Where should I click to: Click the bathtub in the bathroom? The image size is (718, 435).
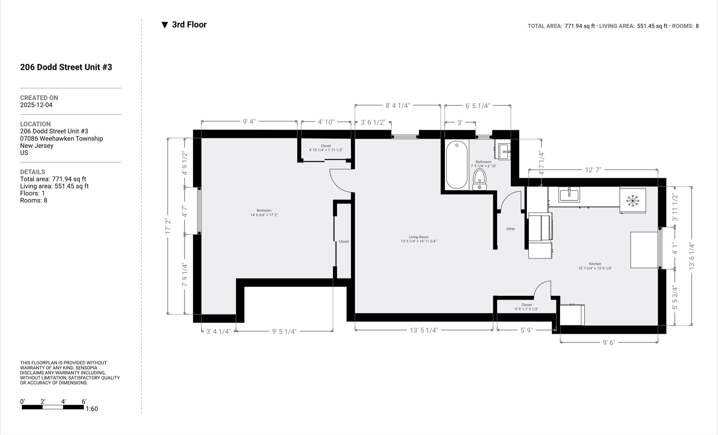(x=457, y=165)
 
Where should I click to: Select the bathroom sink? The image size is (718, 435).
(x=504, y=151)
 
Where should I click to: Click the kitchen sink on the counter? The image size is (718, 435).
(x=569, y=194)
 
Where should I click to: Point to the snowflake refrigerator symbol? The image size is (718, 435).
(x=633, y=201)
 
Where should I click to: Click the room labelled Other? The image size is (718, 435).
(x=511, y=229)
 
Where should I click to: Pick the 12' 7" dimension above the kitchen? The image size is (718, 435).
(x=593, y=170)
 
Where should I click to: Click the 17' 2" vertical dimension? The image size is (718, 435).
(x=168, y=226)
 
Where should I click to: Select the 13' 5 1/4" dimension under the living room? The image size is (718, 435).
(x=424, y=330)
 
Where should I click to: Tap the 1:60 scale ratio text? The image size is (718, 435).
(x=92, y=409)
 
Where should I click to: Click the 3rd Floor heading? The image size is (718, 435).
(x=189, y=25)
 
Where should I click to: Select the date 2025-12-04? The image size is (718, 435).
(x=36, y=105)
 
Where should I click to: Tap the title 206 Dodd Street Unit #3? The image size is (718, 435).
(x=66, y=67)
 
